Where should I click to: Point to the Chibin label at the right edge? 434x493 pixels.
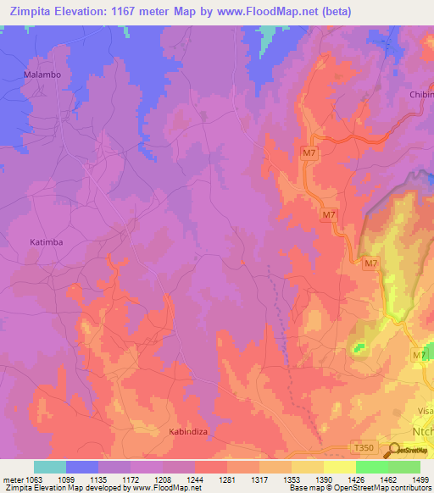pos(420,95)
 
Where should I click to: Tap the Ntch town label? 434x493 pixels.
pos(421,431)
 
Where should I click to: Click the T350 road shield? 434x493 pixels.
pos(363,446)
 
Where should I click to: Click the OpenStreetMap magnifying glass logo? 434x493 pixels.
pos(396,452)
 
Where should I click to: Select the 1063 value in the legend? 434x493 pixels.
pos(33,479)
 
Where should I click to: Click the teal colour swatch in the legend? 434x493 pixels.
pos(50,467)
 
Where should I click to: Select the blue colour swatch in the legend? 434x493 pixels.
pos(82,467)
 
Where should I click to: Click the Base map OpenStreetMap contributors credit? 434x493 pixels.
pos(360,489)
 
